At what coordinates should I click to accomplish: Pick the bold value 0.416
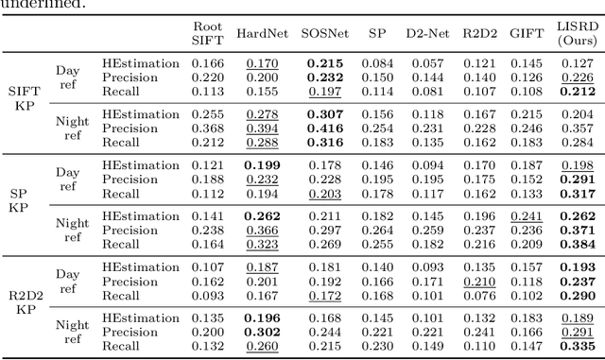(x=325, y=129)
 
